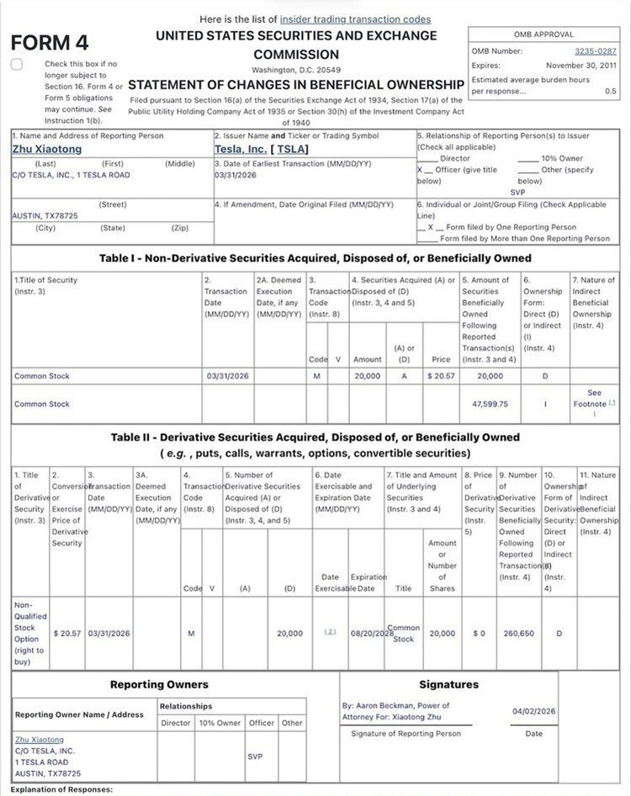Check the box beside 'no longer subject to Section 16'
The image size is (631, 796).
(x=17, y=65)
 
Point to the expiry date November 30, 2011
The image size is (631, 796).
(x=581, y=65)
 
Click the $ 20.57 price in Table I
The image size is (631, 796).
(x=441, y=377)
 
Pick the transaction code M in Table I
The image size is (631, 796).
(x=317, y=377)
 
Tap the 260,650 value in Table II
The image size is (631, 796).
(x=516, y=633)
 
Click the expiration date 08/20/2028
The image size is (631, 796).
(x=371, y=633)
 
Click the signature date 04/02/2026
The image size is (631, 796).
(x=534, y=711)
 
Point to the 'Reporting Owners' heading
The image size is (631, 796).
(x=159, y=684)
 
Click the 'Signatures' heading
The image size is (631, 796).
(x=448, y=684)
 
